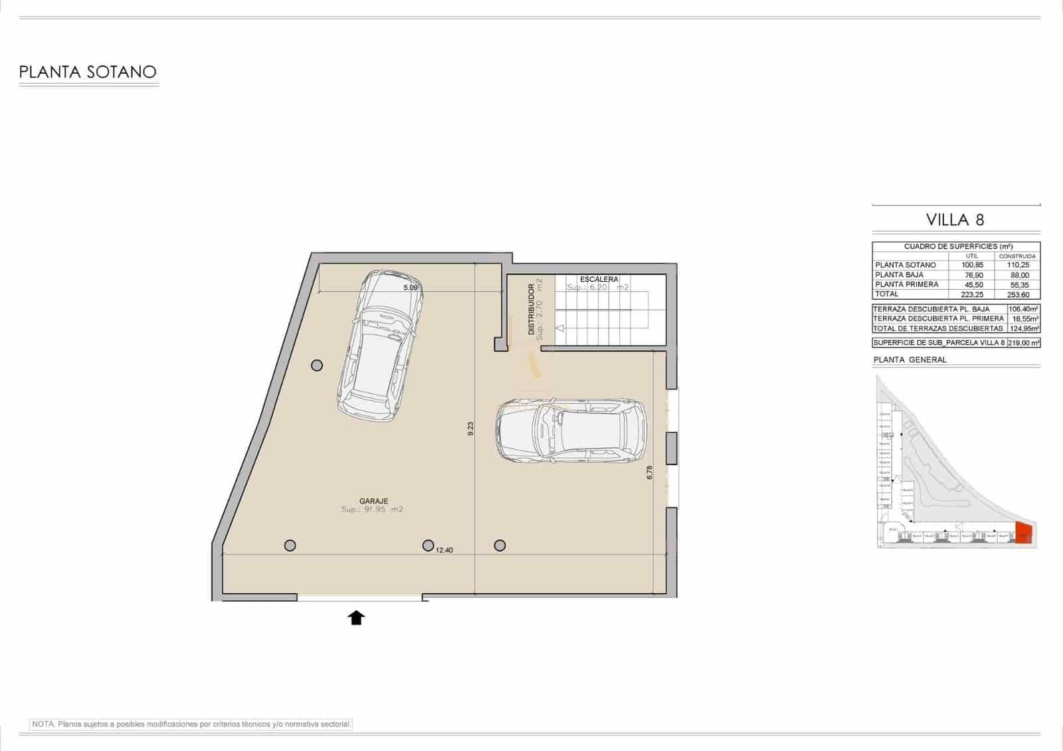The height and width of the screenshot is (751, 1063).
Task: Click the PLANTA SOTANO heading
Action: tap(88, 72)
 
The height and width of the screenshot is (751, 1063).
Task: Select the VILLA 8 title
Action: tap(955, 219)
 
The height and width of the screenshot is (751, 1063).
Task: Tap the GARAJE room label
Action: tap(373, 501)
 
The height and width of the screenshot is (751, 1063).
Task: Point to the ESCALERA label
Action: tap(599, 279)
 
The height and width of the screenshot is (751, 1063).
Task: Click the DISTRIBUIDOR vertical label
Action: tap(531, 310)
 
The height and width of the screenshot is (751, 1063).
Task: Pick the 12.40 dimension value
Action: tap(444, 550)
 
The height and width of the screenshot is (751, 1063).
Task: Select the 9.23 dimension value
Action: tap(470, 429)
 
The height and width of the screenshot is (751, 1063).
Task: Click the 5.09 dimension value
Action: tap(411, 288)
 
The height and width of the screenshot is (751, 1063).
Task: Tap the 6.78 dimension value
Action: tap(650, 472)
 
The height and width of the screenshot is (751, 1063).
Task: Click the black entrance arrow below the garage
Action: tap(357, 618)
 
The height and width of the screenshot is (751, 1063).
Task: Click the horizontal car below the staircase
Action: tap(571, 430)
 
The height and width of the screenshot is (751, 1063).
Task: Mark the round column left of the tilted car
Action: tap(317, 365)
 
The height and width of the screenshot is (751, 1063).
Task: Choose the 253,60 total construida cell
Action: tap(1017, 294)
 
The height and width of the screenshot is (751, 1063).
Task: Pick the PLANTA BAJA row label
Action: tap(899, 274)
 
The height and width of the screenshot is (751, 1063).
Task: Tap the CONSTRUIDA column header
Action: tap(1017, 256)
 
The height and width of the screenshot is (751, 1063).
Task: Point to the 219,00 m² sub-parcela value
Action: tap(1023, 343)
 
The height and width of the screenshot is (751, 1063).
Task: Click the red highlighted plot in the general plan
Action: tap(1023, 533)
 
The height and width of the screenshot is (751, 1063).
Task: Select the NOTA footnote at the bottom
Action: tap(191, 724)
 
